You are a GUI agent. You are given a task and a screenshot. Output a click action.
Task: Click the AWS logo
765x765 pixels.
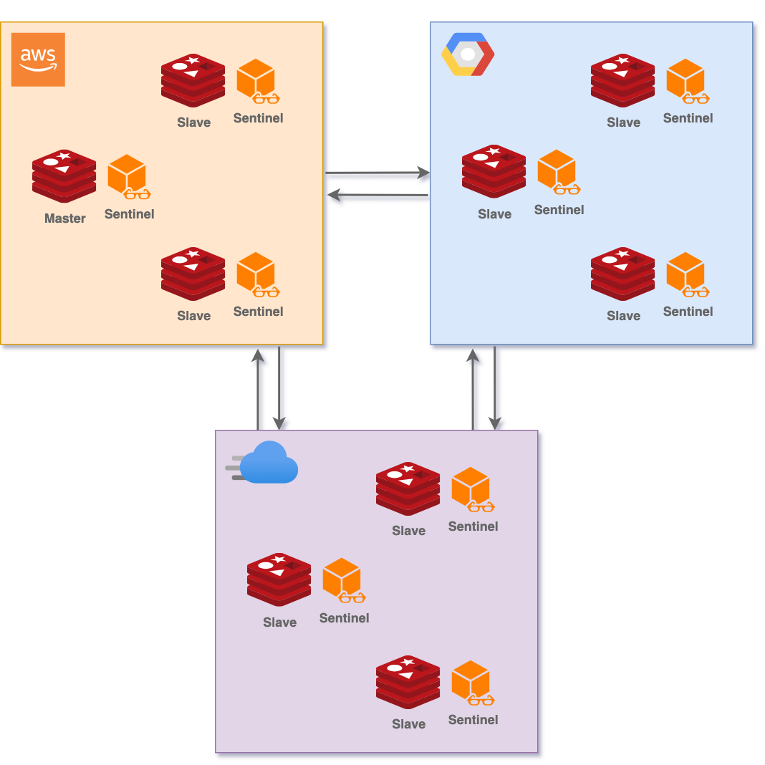pyautogui.click(x=38, y=59)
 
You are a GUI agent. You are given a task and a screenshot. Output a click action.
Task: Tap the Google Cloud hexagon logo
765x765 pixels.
pyautogui.click(x=468, y=54)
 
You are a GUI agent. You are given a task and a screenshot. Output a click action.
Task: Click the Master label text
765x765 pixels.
pyautogui.click(x=64, y=218)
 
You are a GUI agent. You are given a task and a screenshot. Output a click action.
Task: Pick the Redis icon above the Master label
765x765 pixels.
pyautogui.click(x=64, y=176)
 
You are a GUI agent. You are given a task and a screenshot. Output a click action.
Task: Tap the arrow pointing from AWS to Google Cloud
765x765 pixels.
pyautogui.click(x=377, y=174)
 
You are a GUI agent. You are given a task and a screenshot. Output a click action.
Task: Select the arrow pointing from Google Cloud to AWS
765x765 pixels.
pyautogui.click(x=377, y=196)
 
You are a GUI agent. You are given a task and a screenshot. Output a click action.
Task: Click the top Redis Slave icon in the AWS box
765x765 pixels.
pyautogui.click(x=193, y=80)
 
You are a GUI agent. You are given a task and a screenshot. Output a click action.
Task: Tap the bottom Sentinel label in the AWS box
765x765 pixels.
pyautogui.click(x=258, y=312)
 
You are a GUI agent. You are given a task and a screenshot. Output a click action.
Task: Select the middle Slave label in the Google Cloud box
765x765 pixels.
pyautogui.click(x=494, y=214)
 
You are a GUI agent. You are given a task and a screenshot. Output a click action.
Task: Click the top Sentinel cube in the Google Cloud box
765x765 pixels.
pyautogui.click(x=686, y=80)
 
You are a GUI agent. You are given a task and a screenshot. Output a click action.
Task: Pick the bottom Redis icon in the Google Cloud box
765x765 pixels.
pyautogui.click(x=622, y=274)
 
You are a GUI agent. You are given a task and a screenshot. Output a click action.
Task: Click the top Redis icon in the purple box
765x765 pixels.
pyautogui.click(x=408, y=489)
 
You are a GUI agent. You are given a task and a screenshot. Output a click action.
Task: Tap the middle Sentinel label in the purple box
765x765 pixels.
pyautogui.click(x=344, y=618)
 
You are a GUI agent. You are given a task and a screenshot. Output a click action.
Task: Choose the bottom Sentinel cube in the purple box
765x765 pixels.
pyautogui.click(x=471, y=681)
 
